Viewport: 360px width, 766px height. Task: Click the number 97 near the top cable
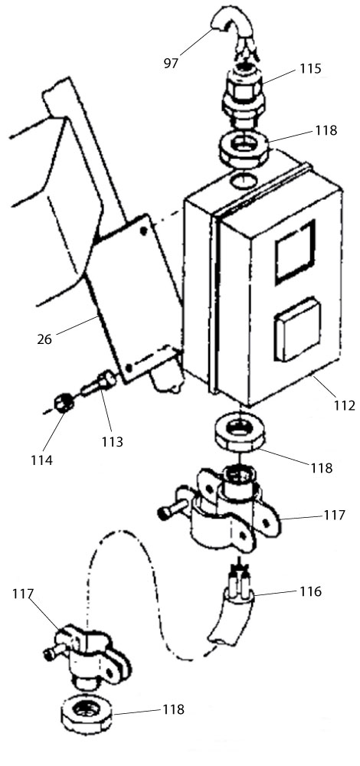coord(171,63)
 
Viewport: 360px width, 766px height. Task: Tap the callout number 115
coord(311,68)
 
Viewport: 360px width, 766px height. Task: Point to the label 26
coord(44,339)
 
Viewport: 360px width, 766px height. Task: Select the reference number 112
coord(345,405)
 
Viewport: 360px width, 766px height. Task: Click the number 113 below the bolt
coord(113,442)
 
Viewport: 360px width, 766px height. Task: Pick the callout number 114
coord(41,460)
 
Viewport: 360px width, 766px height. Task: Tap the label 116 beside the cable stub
coord(311,591)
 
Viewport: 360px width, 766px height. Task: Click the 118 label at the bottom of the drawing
coord(173,709)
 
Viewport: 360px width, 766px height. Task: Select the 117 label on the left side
coord(24,594)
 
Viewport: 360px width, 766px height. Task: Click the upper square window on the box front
coord(295,252)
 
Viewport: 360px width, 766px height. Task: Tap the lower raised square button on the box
coord(297,329)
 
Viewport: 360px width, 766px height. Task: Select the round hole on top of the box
coord(242,180)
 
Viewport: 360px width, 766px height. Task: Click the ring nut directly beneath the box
coord(239,434)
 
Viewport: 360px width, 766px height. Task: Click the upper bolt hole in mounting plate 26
coord(143,230)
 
